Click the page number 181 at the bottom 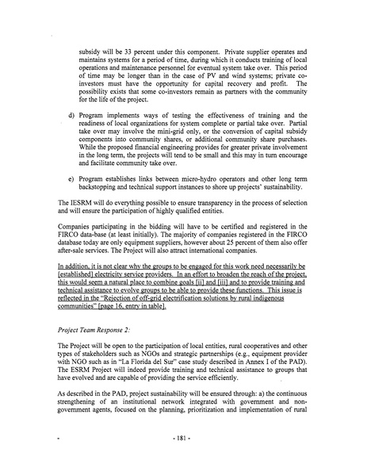pos(183,459)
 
